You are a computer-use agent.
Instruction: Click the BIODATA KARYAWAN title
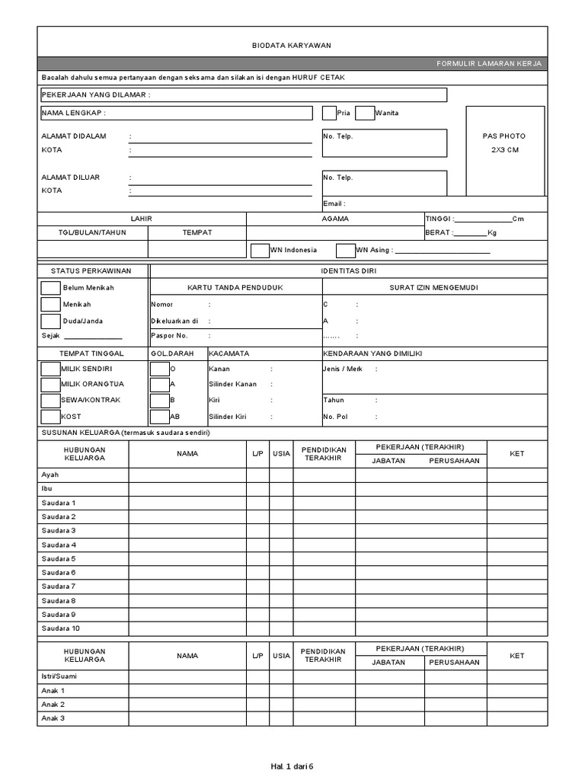point(292,46)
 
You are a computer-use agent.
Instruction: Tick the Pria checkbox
point(329,113)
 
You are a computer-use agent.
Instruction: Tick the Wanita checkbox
point(365,113)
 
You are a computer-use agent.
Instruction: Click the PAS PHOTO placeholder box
point(504,151)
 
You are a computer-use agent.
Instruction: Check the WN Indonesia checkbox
point(260,250)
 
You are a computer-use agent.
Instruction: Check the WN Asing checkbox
point(346,250)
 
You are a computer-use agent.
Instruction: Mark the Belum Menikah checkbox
point(50,288)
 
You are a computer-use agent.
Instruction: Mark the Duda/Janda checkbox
point(50,321)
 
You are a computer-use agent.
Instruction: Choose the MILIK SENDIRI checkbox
point(50,368)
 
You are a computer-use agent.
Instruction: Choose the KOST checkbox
point(50,417)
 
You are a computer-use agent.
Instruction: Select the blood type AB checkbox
point(160,417)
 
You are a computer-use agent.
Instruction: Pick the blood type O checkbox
point(160,368)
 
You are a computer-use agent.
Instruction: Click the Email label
point(334,204)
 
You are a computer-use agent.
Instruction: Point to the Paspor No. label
point(169,335)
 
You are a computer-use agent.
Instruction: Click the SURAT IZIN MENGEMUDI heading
point(434,287)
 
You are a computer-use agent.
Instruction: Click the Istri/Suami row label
point(59,676)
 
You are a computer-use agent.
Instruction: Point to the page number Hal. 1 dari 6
point(292,766)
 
